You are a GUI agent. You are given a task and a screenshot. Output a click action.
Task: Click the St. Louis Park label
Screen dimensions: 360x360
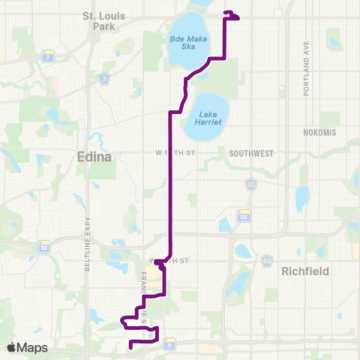pyautogui.click(x=101, y=19)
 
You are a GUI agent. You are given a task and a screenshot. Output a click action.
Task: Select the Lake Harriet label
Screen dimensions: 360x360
pyautogui.click(x=207, y=116)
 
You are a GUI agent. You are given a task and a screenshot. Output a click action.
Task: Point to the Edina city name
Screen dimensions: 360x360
pyautogui.click(x=94, y=157)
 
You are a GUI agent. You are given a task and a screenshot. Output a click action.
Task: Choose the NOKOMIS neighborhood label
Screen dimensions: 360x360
pyautogui.click(x=319, y=132)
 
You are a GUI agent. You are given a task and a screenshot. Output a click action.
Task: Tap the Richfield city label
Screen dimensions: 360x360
pyautogui.click(x=304, y=270)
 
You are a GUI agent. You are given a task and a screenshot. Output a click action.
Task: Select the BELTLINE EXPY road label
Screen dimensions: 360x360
pyautogui.click(x=88, y=267)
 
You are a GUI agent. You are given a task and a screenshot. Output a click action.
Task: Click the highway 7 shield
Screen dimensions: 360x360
pyautogui.click(x=49, y=57)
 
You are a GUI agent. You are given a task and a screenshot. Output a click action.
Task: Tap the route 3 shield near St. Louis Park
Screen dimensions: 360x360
pyautogui.click(x=103, y=77)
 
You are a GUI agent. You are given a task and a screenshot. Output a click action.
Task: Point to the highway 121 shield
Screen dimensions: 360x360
pyautogui.click(x=244, y=216)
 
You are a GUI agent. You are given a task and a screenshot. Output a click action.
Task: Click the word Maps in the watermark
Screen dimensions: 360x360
pyautogui.click(x=33, y=347)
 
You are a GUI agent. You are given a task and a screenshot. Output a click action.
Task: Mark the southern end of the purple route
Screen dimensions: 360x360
pyautogui.click(x=131, y=347)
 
